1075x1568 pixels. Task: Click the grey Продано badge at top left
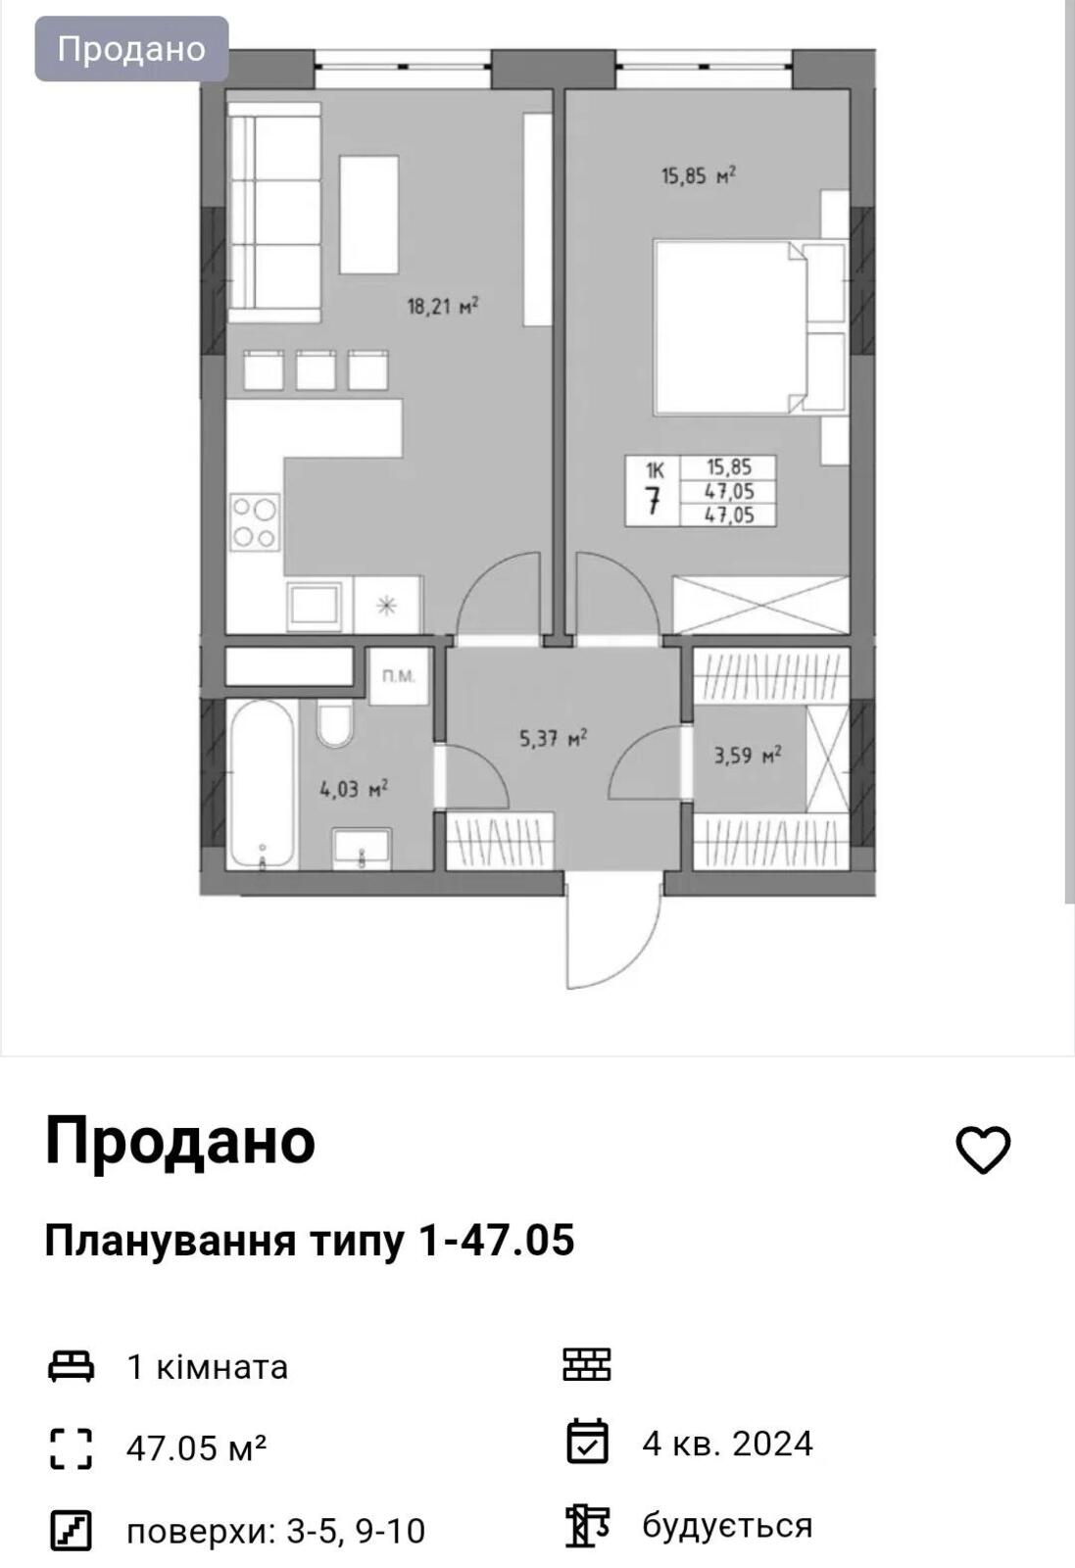[131, 49]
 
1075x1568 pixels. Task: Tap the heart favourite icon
[983, 1150]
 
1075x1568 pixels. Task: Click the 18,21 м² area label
[443, 306]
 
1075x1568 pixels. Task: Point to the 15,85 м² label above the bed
[699, 175]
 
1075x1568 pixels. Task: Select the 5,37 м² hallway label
[553, 738]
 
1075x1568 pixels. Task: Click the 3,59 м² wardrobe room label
[748, 756]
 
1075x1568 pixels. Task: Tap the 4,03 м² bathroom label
[354, 790]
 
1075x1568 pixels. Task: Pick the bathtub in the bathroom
[262, 785]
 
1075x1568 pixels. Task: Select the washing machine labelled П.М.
[398, 675]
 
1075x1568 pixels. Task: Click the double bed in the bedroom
[749, 327]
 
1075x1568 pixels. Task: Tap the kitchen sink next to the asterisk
[315, 604]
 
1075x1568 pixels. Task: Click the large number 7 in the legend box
[653, 501]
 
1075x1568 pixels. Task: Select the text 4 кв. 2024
[727, 1443]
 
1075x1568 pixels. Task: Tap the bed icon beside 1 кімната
[71, 1366]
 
